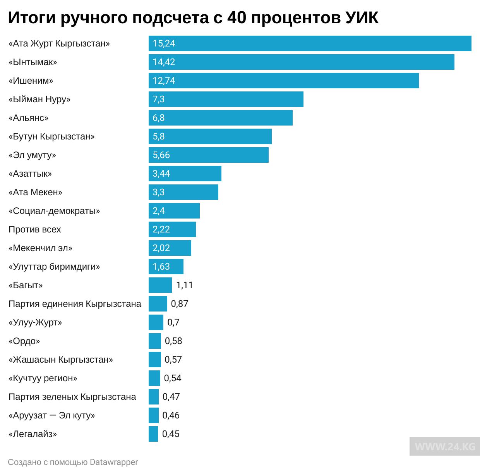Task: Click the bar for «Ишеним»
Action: pos(283,81)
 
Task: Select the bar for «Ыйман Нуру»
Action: pos(226,99)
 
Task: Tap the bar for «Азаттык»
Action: pos(185,174)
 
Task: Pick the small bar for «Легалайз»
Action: pos(153,434)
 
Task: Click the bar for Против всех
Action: pos(172,229)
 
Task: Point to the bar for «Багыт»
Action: pos(160,285)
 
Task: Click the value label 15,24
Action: pos(164,43)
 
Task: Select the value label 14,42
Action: pos(164,62)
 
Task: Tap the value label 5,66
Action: pos(161,155)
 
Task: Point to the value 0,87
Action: pos(180,304)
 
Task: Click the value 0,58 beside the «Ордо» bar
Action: pos(173,341)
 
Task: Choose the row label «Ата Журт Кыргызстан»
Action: pos(59,43)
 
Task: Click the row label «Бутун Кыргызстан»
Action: pos(51,136)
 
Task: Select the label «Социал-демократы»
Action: pos(54,211)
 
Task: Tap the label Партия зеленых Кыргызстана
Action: pos(72,397)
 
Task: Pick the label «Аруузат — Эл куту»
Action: pos(52,415)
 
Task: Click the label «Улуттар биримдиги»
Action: pos(54,267)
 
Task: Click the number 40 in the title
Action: pos(237,17)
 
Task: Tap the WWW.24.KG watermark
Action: pos(445,447)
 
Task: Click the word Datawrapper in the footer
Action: pos(114,462)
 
